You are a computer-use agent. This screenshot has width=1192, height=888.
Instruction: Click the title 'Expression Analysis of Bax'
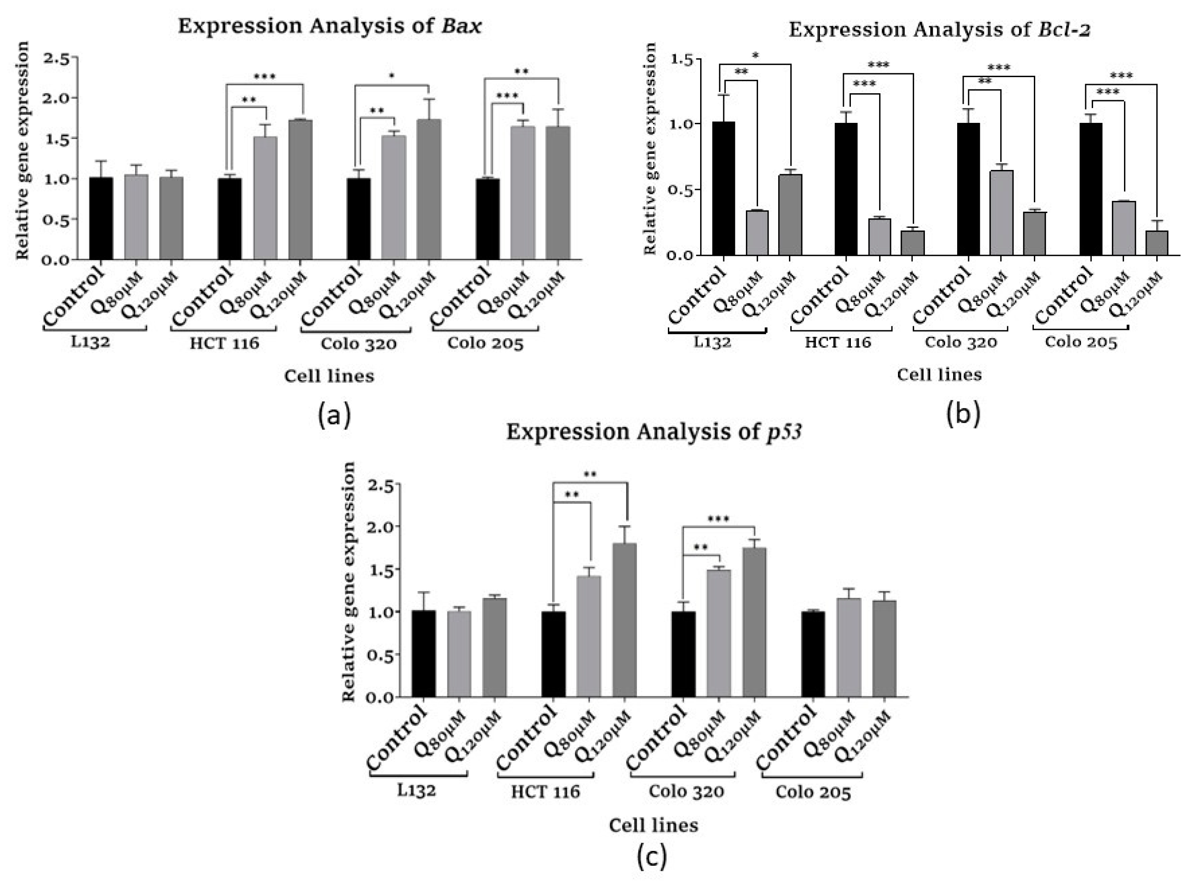[329, 26]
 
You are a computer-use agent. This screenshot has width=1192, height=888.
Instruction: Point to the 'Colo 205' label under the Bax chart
[485, 343]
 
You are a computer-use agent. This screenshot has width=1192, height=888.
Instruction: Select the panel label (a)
[334, 416]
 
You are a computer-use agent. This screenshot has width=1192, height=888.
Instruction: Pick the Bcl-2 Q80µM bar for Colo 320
[1001, 213]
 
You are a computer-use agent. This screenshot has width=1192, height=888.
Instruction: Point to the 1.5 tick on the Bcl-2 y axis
[681, 59]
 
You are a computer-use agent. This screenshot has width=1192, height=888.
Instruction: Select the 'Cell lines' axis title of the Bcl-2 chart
[939, 375]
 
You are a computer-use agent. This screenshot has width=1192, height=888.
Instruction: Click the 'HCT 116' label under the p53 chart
[545, 792]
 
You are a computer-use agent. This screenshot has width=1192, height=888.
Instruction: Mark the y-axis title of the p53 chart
[349, 582]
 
